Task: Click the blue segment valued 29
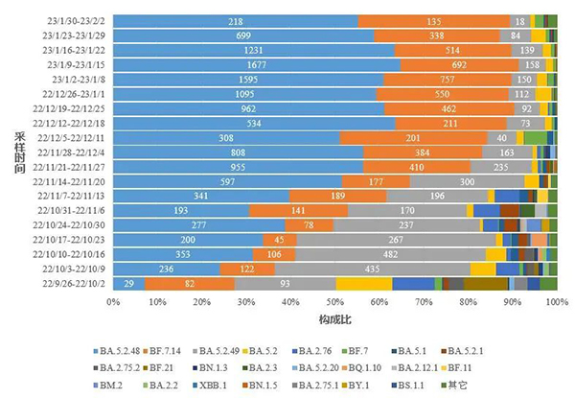coord(128,284)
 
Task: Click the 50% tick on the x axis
coord(334,302)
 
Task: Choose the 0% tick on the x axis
coord(113,302)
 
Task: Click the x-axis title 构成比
coord(333,318)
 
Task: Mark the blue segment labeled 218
coord(236,20)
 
